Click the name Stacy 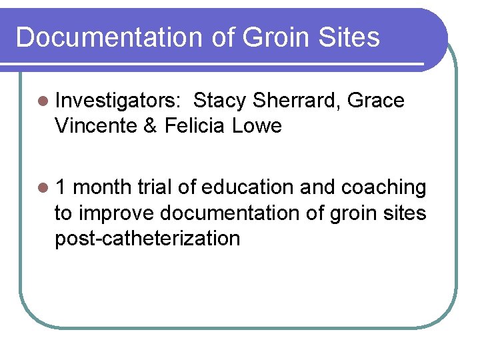220,101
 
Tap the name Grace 376,101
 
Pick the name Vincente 97,125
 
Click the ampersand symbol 151,125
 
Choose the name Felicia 195,125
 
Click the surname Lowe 257,125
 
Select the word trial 156,188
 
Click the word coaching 383,189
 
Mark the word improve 117,213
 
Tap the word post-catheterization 147,238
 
